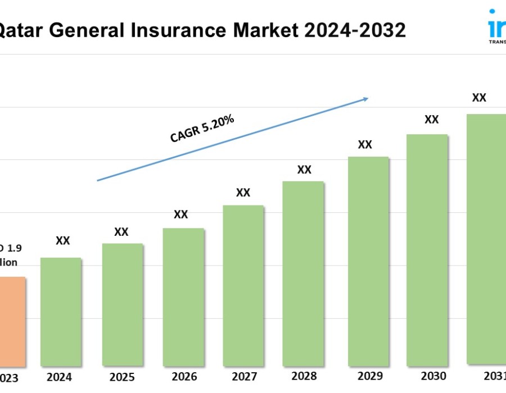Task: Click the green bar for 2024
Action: pyautogui.click(x=61, y=312)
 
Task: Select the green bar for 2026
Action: pyautogui.click(x=183, y=296)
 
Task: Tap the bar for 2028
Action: pyautogui.click(x=303, y=273)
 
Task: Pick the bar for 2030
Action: pyautogui.click(x=427, y=250)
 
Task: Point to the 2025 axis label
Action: pyautogui.click(x=121, y=377)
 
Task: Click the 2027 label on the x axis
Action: pyautogui.click(x=243, y=376)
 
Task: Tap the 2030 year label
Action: pyautogui.click(x=433, y=376)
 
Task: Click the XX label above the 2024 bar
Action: pyautogui.click(x=63, y=240)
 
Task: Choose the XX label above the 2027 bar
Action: pyautogui.click(x=243, y=193)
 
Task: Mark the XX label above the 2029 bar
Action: pyautogui.click(x=365, y=144)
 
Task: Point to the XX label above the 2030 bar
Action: pyautogui.click(x=431, y=119)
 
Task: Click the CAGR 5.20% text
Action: pyautogui.click(x=202, y=128)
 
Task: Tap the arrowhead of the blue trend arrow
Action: pyautogui.click(x=365, y=99)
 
